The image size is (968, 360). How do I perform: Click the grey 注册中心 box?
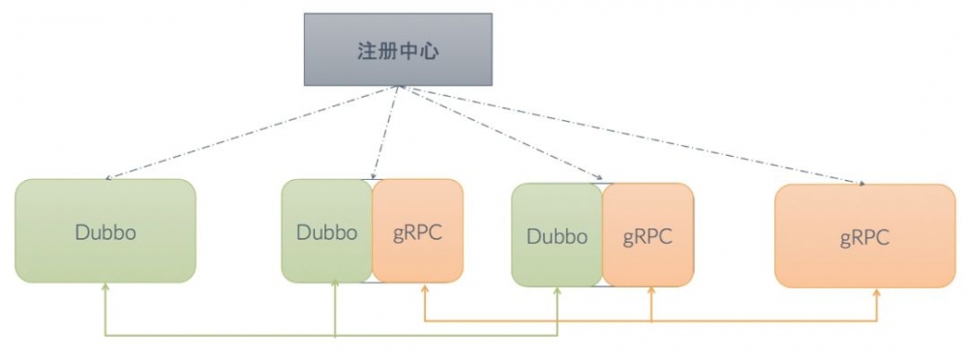point(398,49)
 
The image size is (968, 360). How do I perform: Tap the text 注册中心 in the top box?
point(398,50)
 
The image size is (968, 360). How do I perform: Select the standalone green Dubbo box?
point(106,231)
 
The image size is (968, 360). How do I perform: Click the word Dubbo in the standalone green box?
point(106,232)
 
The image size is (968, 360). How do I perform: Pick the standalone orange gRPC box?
point(864,236)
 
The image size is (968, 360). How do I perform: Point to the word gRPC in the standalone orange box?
point(864,237)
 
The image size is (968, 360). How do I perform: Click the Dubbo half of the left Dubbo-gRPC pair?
point(326,231)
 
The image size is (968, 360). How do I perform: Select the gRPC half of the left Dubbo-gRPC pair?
point(418,231)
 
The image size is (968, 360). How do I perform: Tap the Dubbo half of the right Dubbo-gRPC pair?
point(557,235)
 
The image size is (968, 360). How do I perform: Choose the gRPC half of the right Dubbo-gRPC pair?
point(648,235)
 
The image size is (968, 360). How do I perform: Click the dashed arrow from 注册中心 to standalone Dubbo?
point(252,132)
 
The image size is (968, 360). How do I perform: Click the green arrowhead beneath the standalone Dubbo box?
point(105,288)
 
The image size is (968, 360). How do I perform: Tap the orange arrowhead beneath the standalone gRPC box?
point(877,292)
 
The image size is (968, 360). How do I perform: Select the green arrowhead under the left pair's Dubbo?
point(335,288)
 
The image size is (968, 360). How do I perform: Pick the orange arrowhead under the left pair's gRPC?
point(425,288)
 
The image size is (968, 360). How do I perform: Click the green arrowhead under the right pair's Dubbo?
point(558,292)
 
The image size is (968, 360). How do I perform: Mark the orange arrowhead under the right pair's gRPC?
point(650,292)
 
